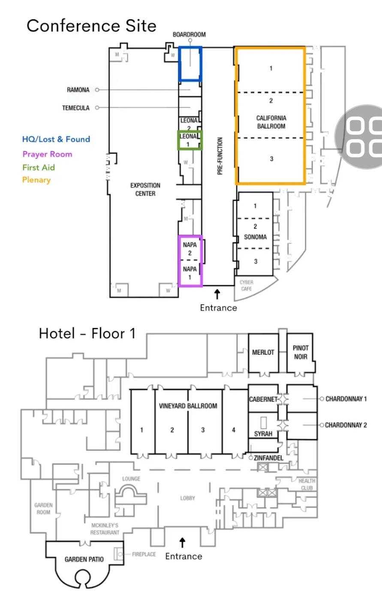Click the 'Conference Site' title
pos(91,26)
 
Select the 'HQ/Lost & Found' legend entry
pos(56,139)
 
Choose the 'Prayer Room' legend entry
pos(47,154)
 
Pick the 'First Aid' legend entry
pos(39,167)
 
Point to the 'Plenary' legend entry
pos(36,180)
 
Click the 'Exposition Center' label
pos(145,189)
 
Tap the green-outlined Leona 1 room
pos(189,140)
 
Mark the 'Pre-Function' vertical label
pos(220,156)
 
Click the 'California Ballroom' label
pos(271,122)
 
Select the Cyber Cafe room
pos(247,285)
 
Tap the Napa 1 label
pos(189,273)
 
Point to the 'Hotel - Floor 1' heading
pos(87,333)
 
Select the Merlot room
pos(263,352)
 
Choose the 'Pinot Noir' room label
pos(301,352)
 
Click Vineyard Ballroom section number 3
pos(203,430)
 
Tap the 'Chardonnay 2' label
pos(346,425)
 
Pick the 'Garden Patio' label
pos(84,559)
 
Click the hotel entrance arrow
pos(183,543)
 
